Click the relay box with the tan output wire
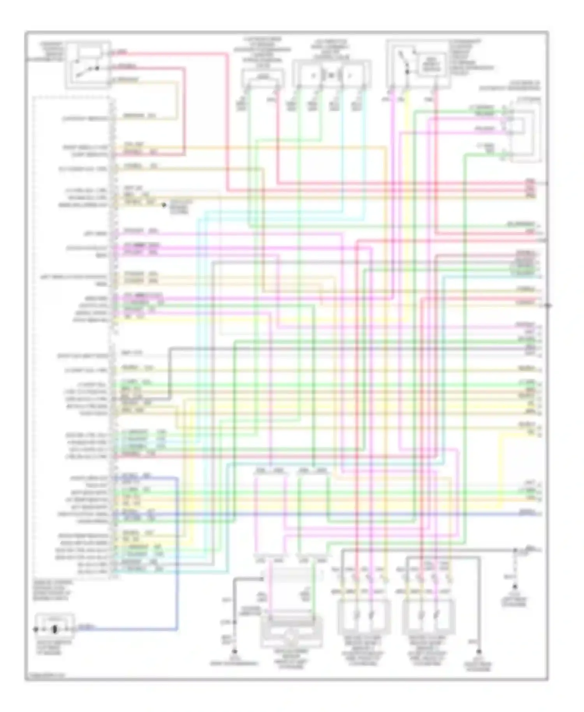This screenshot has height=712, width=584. (x=88, y=65)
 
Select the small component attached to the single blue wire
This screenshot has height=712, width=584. (x=55, y=628)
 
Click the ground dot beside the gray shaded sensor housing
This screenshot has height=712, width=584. (x=235, y=651)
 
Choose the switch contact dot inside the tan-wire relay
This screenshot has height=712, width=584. (x=97, y=69)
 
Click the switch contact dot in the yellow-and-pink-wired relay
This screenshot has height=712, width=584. (x=407, y=72)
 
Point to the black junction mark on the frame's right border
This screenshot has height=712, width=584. (x=548, y=306)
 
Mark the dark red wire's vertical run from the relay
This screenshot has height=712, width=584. (x=184, y=113)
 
